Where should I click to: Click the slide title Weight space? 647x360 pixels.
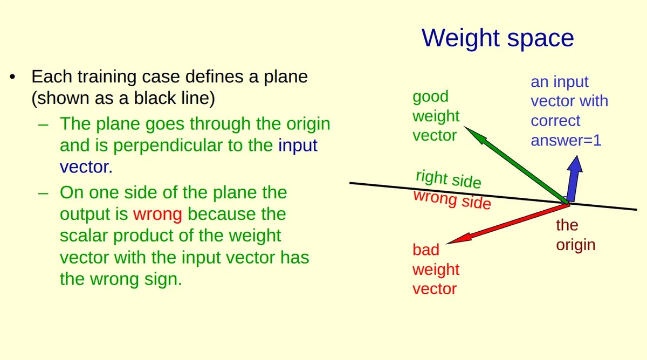tap(497, 38)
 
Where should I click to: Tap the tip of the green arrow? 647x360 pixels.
tap(464, 126)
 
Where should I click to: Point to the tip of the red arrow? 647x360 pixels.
tap(446, 244)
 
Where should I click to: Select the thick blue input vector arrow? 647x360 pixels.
tap(574, 179)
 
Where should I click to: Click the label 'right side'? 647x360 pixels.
tap(448, 179)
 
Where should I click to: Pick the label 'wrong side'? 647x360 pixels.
tap(452, 199)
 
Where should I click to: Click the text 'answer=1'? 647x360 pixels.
tap(566, 141)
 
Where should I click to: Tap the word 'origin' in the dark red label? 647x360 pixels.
tap(576, 246)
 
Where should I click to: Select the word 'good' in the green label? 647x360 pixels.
tap(430, 97)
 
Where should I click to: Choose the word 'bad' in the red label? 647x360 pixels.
tap(426, 250)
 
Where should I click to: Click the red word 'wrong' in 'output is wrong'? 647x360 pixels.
tap(157, 214)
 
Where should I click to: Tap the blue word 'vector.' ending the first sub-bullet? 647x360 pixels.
tap(86, 167)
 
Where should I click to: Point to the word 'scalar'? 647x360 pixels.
tap(84, 236)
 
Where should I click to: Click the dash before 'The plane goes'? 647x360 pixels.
tap(43, 125)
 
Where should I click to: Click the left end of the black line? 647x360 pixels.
tap(350, 183)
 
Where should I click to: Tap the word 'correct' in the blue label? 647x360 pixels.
tap(555, 121)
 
